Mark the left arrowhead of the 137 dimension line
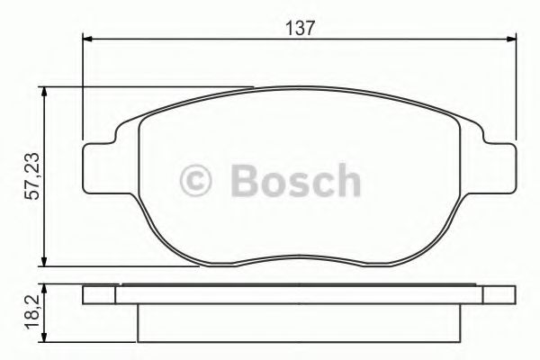pos(88,38)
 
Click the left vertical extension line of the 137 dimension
pos(83,90)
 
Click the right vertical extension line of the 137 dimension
pos(516,90)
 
